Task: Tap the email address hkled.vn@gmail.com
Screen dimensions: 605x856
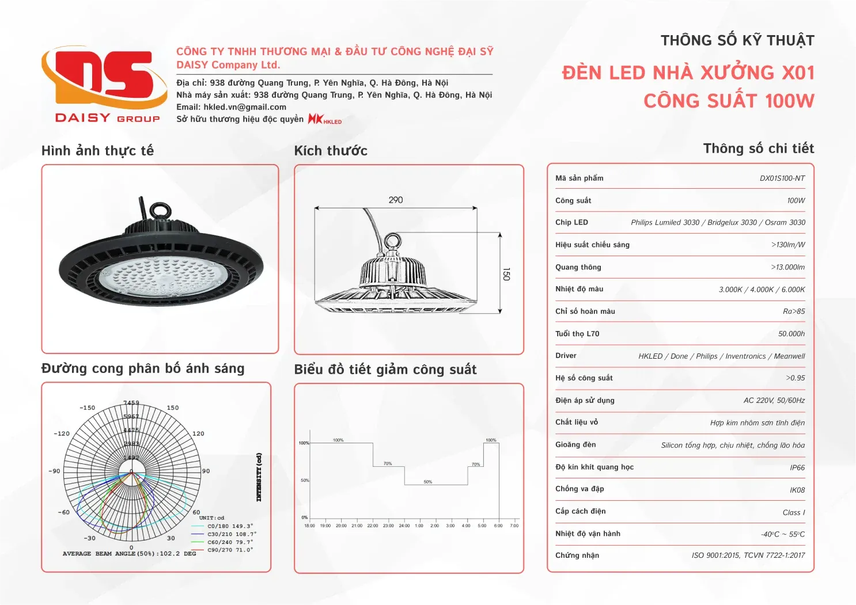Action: coord(245,107)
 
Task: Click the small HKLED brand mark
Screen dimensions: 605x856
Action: coord(325,119)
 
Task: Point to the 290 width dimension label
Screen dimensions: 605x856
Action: coord(396,200)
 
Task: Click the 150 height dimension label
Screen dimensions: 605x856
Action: coord(506,274)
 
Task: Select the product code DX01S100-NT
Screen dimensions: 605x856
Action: coord(782,178)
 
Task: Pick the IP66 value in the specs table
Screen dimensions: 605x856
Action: coord(797,468)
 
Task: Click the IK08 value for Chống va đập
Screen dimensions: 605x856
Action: coord(797,490)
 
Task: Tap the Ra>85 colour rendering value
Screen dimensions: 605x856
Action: coord(794,311)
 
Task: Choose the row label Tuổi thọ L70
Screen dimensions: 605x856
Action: coord(577,334)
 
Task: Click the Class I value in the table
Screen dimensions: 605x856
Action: coord(793,512)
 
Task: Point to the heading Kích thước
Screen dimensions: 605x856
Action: coord(331,151)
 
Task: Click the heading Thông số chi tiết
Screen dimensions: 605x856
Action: coord(758,149)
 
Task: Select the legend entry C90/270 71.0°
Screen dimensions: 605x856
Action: coord(230,550)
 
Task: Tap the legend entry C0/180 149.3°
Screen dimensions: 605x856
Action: coord(230,526)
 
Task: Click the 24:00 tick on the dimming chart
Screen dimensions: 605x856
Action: coord(404,526)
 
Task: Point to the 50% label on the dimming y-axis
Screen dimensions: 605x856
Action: coord(305,480)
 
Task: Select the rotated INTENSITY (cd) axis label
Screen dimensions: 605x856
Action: coord(259,477)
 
